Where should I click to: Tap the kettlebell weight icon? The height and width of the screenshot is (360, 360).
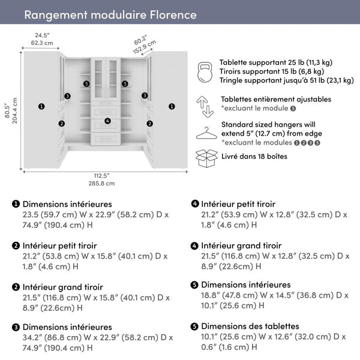(x=206, y=71)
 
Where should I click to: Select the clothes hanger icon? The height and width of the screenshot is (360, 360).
(x=206, y=133)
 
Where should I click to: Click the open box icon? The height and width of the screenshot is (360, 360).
(x=206, y=158)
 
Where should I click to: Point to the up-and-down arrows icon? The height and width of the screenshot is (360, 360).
(x=206, y=105)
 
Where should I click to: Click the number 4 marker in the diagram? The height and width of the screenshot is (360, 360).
(x=107, y=121)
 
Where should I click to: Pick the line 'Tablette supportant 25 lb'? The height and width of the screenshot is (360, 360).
(x=275, y=62)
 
